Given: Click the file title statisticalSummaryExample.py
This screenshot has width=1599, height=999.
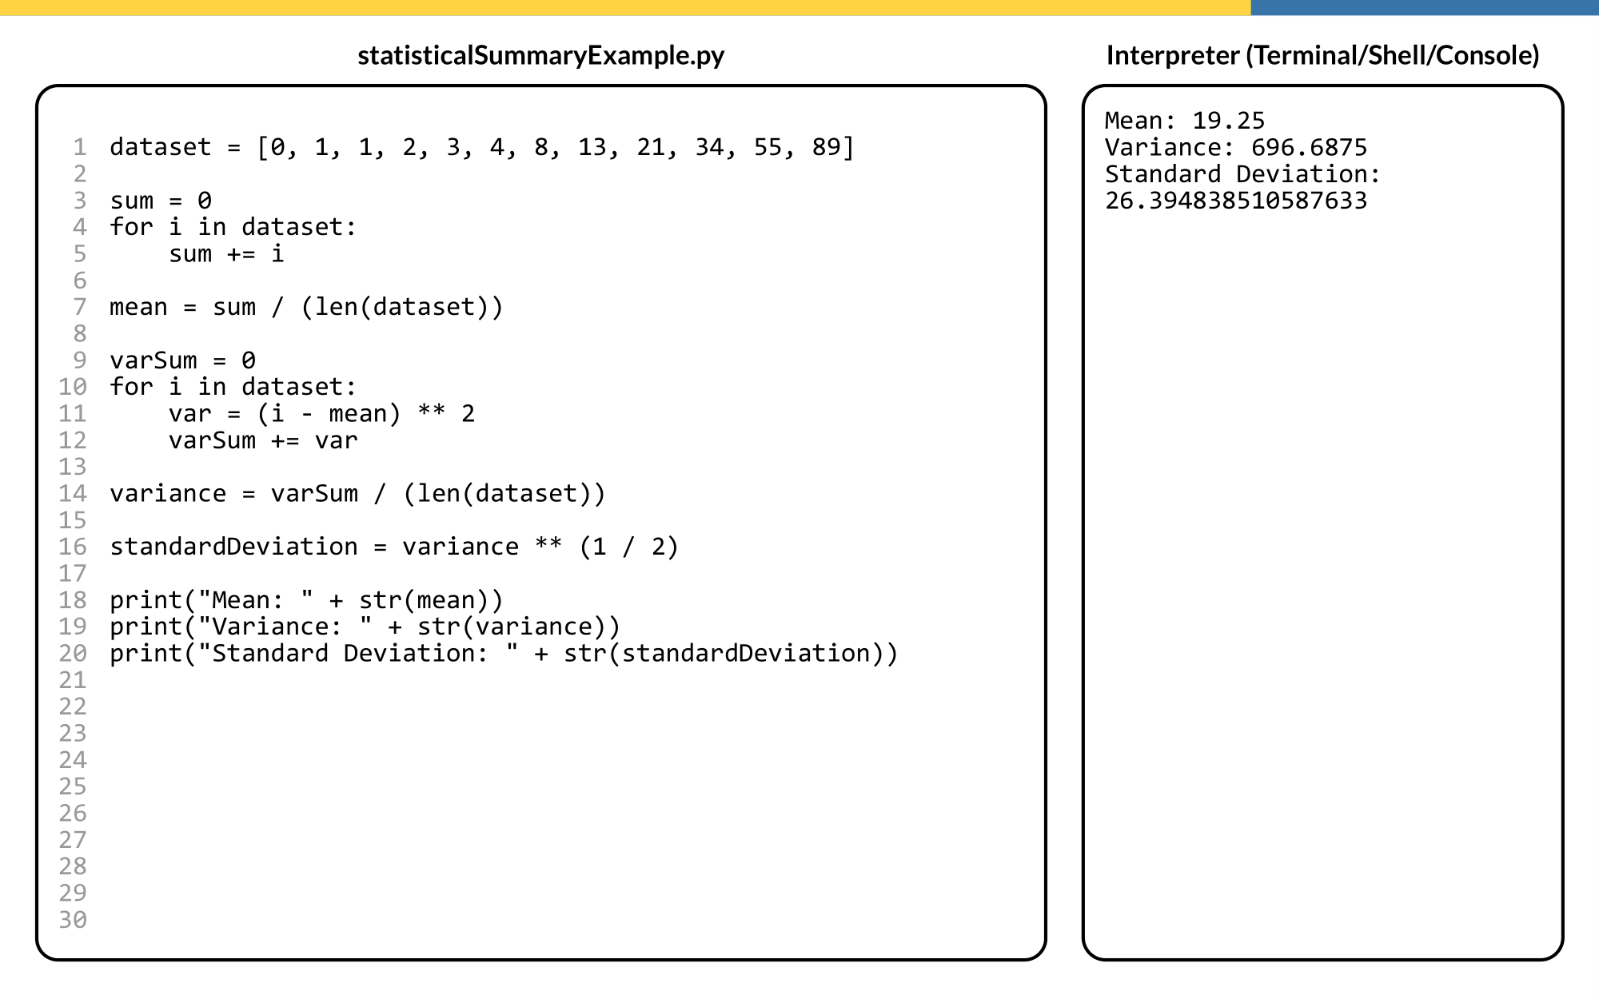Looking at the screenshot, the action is point(540,55).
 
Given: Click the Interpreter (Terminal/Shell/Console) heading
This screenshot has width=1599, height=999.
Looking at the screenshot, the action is point(1322,55).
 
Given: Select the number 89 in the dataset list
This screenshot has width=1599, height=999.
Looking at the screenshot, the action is point(826,147).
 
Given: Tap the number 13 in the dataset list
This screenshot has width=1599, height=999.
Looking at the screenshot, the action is point(592,147).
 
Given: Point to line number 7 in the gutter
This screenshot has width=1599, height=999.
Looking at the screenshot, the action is point(79,307).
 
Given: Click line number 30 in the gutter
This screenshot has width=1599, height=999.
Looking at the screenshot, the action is point(73,920).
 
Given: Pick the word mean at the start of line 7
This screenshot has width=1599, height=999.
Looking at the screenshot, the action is point(138,307).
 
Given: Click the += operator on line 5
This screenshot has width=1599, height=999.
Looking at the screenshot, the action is point(241,254).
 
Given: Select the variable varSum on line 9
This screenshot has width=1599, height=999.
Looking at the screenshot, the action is point(154,360).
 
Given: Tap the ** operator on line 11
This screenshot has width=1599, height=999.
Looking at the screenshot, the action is point(431,414).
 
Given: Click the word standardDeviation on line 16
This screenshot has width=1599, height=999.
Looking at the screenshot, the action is point(233,547).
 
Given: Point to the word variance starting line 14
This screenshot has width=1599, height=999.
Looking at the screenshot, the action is point(168,494).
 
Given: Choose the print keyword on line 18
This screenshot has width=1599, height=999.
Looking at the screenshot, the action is point(146,600).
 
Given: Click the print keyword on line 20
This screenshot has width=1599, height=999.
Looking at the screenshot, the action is point(146,654).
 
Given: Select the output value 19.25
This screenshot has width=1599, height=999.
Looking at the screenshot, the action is point(1228,121).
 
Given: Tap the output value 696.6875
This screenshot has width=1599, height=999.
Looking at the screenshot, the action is point(1309,148).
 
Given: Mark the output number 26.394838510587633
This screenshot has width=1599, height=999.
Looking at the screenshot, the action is point(1236,201).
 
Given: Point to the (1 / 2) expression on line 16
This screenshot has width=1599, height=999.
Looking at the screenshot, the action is point(628,547).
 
